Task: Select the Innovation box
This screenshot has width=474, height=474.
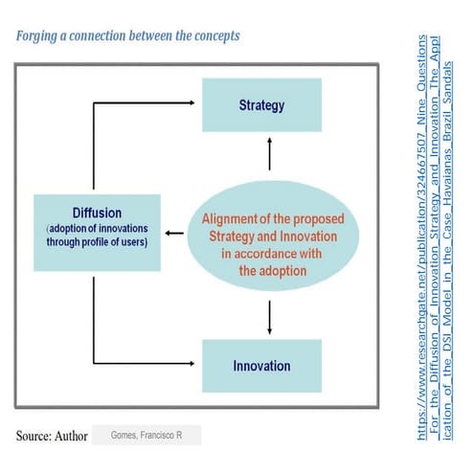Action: click(261, 366)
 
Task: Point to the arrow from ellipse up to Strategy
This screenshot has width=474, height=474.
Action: click(270, 153)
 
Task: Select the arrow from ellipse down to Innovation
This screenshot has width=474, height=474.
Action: click(270, 314)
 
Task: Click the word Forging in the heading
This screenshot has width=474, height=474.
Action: click(38, 35)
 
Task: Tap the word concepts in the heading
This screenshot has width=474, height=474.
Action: click(213, 35)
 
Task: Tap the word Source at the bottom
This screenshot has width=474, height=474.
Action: click(36, 436)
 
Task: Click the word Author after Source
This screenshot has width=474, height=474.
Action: click(71, 436)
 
